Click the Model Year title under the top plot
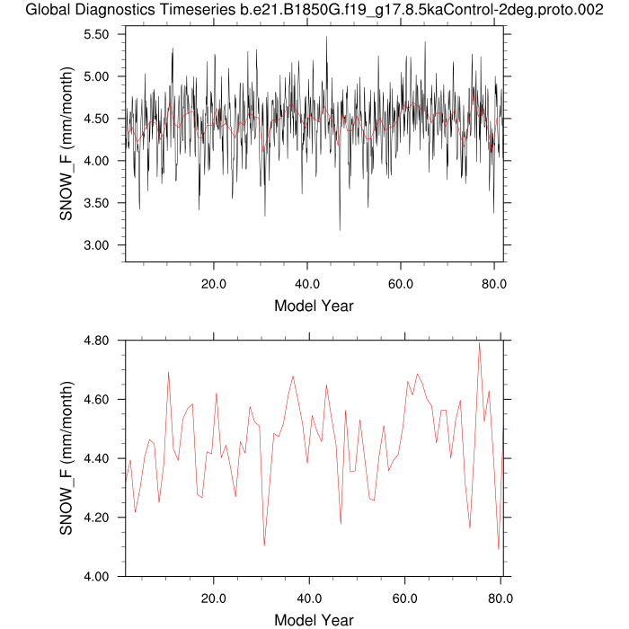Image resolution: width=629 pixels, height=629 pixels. pyautogui.click(x=314, y=306)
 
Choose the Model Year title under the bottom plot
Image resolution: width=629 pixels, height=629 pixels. pyautogui.click(x=314, y=620)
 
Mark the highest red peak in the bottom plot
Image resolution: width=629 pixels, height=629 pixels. pyautogui.click(x=480, y=343)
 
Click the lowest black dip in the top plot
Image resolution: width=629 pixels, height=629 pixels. pyautogui.click(x=340, y=230)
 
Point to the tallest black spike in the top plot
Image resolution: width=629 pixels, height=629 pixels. pyautogui.click(x=327, y=37)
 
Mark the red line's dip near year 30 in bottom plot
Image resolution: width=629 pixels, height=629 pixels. pyautogui.click(x=264, y=545)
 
